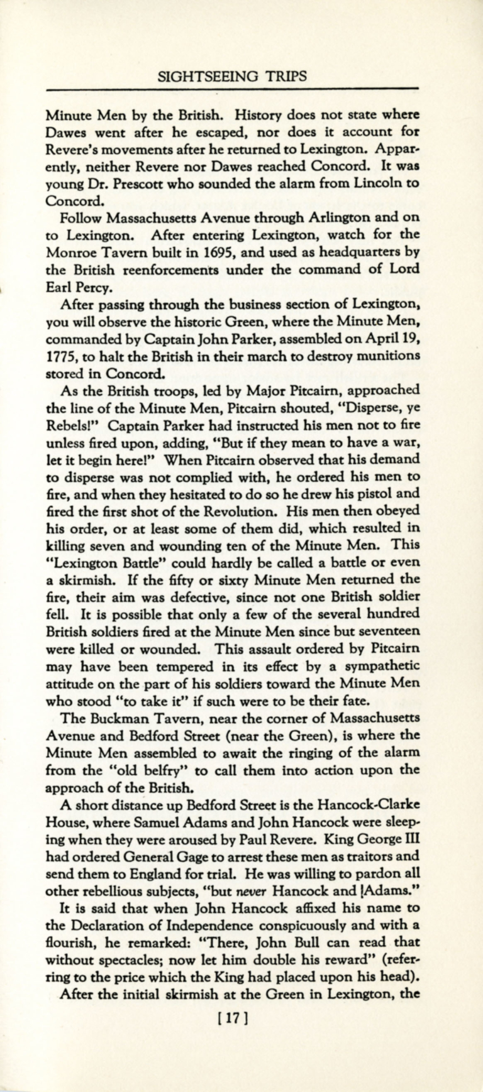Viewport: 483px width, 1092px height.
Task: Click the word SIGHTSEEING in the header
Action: tap(200, 76)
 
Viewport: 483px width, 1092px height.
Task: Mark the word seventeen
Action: tap(388, 629)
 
